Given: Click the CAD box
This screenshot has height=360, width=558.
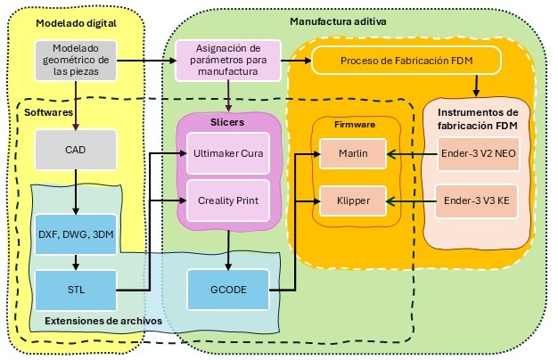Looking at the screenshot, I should pyautogui.click(x=75, y=151).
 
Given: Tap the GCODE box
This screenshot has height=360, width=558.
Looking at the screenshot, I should pyautogui.click(x=230, y=289).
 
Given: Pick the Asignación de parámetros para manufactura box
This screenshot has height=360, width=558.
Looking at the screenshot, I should pyautogui.click(x=228, y=60).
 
